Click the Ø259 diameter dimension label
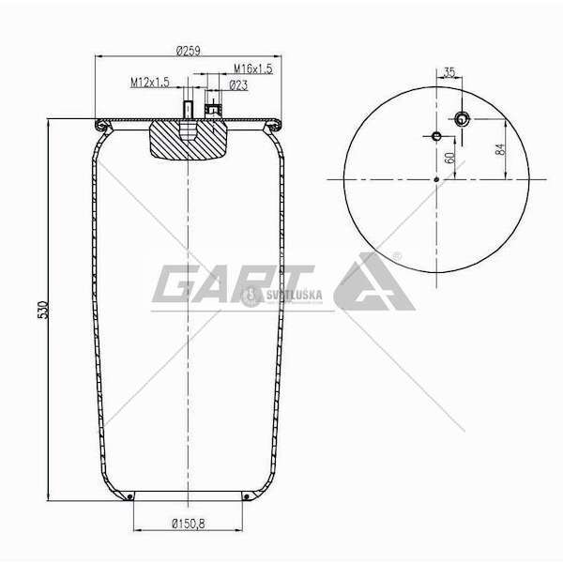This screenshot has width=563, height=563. tap(189, 51)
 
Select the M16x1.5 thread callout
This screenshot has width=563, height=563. tap(253, 68)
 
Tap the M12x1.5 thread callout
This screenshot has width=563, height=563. tap(150, 83)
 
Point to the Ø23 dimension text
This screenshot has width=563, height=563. tap(238, 85)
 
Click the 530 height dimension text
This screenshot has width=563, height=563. tap(43, 310)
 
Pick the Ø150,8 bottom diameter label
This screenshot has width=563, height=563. tap(189, 524)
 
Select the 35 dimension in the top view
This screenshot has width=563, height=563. tap(449, 72)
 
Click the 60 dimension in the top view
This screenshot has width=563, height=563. tap(449, 158)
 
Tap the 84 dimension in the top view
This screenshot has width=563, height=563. tap(499, 149)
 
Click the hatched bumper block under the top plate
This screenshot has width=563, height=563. tap(188, 140)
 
